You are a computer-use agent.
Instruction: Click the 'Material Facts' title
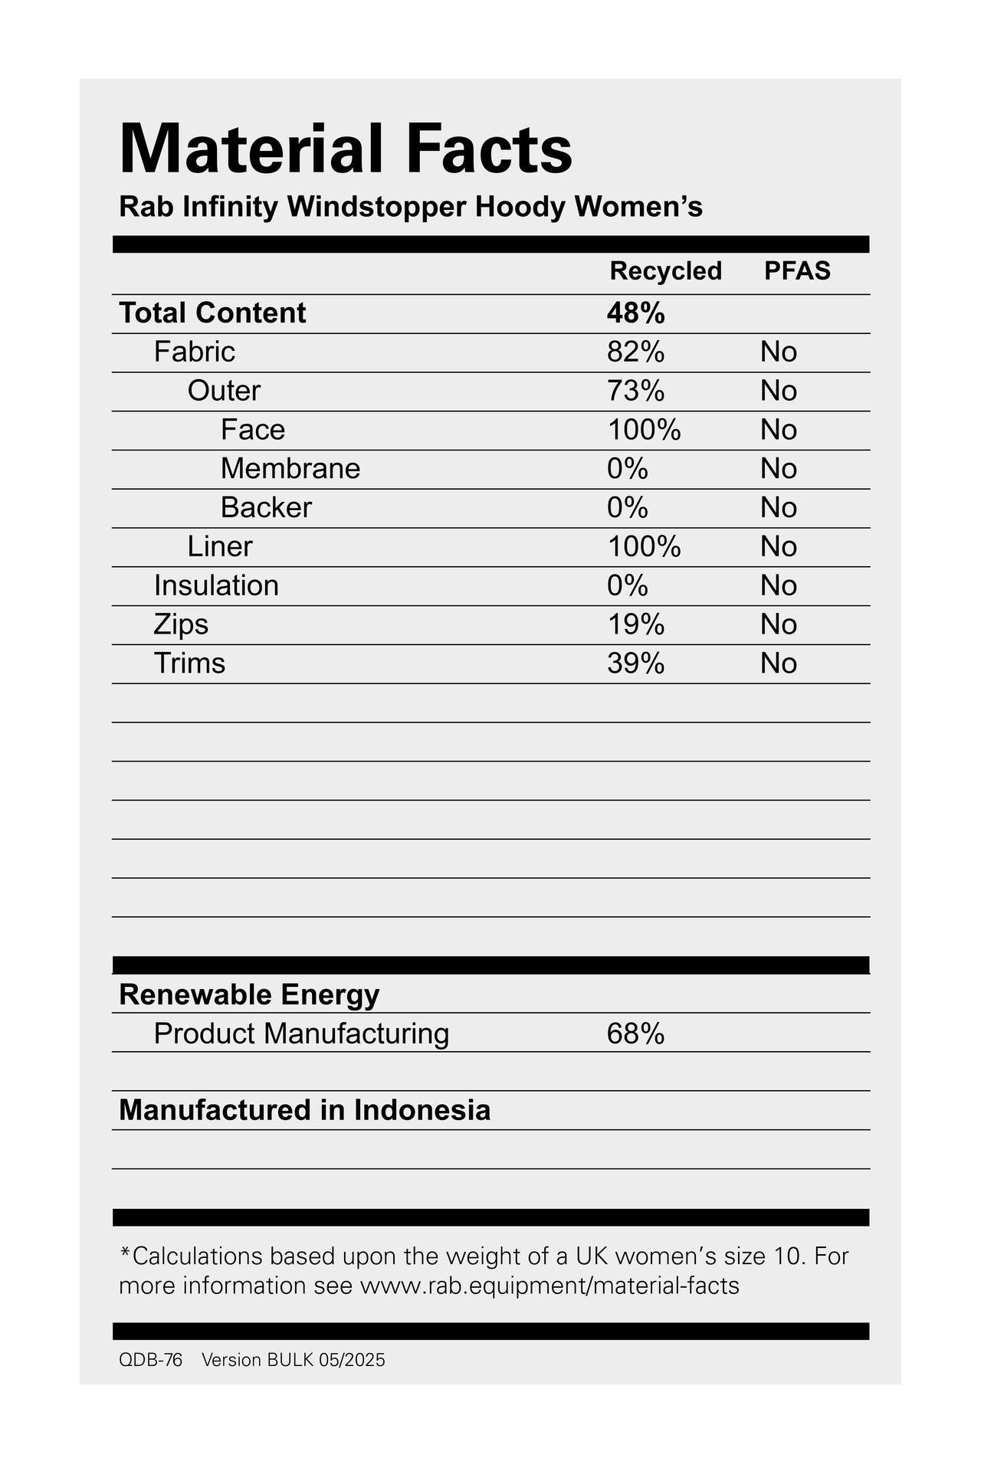pyautogui.click(x=346, y=149)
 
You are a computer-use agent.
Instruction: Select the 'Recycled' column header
pyautogui.click(x=665, y=271)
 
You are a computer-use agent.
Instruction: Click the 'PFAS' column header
pyautogui.click(x=797, y=271)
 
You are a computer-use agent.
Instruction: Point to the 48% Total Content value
pyautogui.click(x=635, y=313)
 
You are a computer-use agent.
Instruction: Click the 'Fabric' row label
pyautogui.click(x=194, y=352)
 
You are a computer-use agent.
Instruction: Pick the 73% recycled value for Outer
pyautogui.click(x=635, y=392)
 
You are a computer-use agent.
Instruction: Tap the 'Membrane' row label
pyautogui.click(x=290, y=469)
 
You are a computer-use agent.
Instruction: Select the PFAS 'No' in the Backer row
pyautogui.click(x=779, y=508)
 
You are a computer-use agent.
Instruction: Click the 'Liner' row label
pyautogui.click(x=219, y=547)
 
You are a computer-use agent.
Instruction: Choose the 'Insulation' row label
pyautogui.click(x=216, y=586)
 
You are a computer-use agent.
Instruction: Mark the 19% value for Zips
pyautogui.click(x=635, y=625)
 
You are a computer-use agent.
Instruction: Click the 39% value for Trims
pyautogui.click(x=635, y=663)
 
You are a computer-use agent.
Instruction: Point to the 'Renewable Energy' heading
pyautogui.click(x=249, y=995)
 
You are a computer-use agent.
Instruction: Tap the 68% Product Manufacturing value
pyautogui.click(x=635, y=1034)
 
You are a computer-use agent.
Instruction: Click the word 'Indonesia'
pyautogui.click(x=422, y=1111)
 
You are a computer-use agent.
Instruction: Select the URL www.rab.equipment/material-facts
pyautogui.click(x=550, y=1285)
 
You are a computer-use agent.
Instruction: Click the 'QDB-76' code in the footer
pyautogui.click(x=151, y=1360)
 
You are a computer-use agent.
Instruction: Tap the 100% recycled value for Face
pyautogui.click(x=644, y=431)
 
